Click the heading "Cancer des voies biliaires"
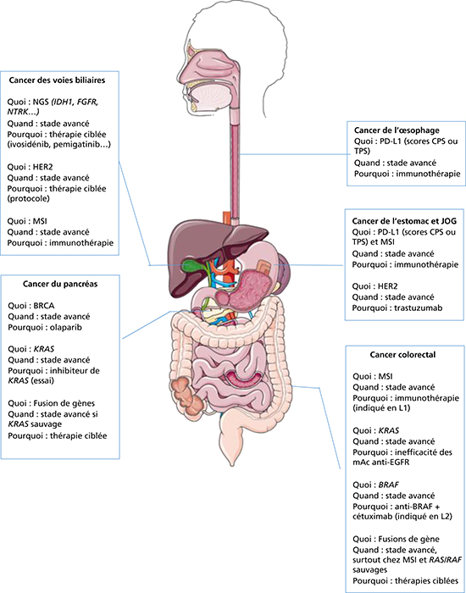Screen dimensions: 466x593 coord(57,80)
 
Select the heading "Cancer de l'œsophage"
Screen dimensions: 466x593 coord(397,130)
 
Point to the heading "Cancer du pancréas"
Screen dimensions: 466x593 coord(60,285)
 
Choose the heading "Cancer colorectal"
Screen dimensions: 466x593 coord(404,355)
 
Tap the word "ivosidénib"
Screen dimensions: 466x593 coord(31,145)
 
